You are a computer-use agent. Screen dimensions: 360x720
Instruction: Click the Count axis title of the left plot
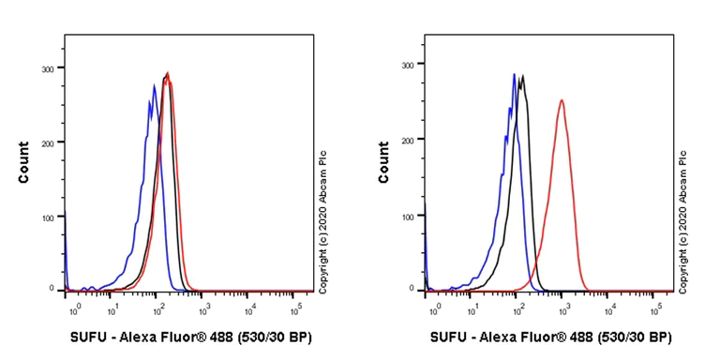pos(22,162)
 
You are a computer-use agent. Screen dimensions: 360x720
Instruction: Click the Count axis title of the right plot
pos(384,162)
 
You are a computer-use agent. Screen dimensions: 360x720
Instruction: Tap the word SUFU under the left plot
pos(90,337)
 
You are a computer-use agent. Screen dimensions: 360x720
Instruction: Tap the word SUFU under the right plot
pos(450,337)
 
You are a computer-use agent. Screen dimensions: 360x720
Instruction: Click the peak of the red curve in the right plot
pos(562,100)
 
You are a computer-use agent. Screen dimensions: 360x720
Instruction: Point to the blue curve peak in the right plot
pos(514,74)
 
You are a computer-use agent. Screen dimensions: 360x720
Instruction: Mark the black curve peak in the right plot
pos(522,77)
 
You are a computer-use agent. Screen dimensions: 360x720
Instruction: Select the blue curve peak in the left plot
pos(154,85)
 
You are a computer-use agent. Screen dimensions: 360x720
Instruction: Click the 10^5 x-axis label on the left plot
pos(296,307)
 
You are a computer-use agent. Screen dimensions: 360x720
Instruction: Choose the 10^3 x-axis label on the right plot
pos(563,307)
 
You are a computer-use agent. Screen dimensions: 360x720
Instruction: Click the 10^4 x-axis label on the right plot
pos(610,307)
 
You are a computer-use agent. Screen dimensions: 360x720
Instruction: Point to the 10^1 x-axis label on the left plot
pos(112,307)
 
